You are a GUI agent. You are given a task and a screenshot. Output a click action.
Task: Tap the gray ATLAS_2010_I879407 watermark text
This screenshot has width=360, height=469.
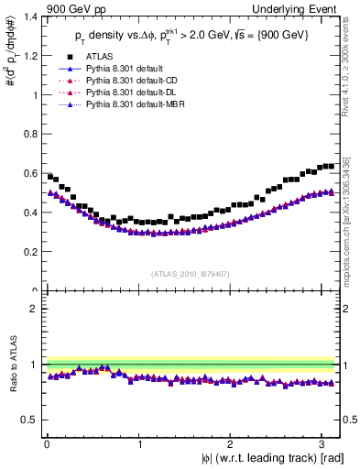click(x=191, y=274)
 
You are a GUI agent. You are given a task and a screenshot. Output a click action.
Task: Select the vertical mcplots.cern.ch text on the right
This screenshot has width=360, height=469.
click(x=351, y=215)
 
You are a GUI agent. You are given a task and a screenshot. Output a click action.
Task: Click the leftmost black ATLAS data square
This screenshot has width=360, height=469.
click(x=49, y=176)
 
